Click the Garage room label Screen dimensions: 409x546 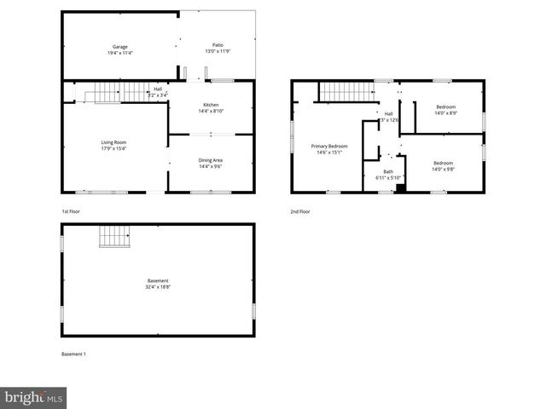(119, 46)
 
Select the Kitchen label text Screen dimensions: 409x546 (211, 105)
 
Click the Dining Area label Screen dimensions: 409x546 (211, 160)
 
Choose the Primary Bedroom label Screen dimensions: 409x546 (328, 147)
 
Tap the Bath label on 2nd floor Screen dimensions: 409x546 (388, 171)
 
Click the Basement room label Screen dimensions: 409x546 (158, 280)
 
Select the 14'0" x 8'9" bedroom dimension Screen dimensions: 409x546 (446, 113)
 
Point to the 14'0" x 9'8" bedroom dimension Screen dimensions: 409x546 (443, 169)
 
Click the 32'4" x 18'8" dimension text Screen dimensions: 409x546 (158, 287)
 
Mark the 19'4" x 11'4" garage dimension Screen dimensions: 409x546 (119, 53)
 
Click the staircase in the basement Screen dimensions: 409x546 (114, 236)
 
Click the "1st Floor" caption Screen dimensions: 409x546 (72, 210)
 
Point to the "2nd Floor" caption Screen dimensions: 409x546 (300, 210)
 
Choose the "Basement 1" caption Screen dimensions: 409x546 (73, 354)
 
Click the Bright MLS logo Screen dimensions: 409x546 (34, 397)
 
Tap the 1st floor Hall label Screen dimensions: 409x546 (158, 89)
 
